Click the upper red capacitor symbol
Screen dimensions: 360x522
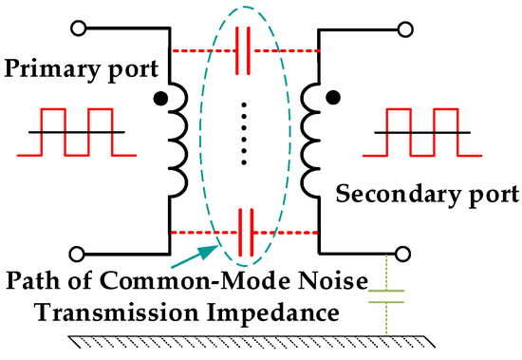tap(244, 49)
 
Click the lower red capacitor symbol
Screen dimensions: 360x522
tap(244, 231)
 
